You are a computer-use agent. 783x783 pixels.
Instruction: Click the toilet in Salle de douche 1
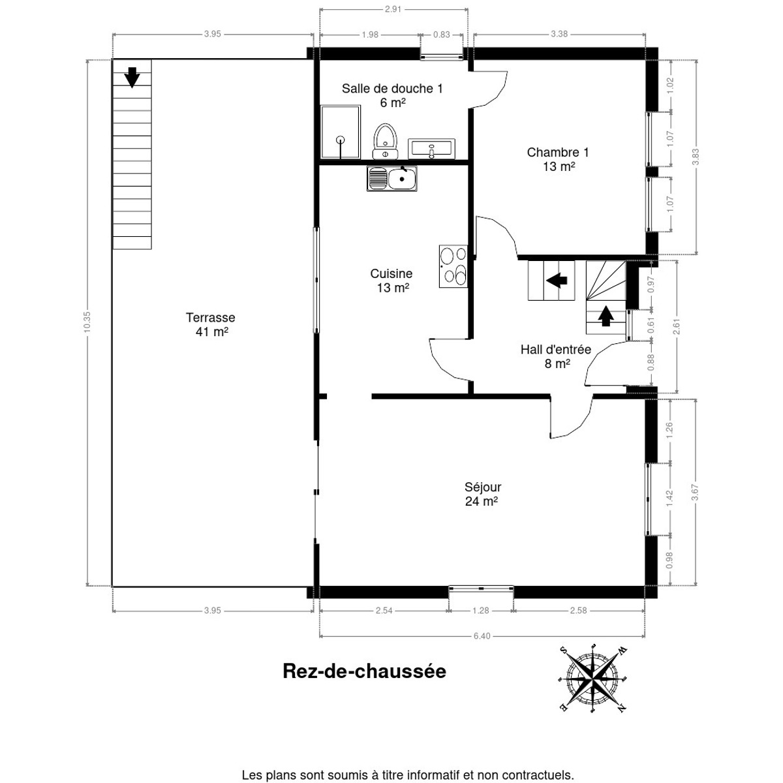click(x=386, y=140)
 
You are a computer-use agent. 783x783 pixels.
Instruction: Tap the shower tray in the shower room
click(x=340, y=132)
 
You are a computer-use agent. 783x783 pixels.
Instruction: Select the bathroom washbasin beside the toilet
click(x=431, y=148)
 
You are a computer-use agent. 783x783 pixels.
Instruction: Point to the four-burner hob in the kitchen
click(x=453, y=266)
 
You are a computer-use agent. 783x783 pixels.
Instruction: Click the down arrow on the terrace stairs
click(x=132, y=77)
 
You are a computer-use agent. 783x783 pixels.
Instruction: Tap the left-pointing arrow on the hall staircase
click(x=556, y=281)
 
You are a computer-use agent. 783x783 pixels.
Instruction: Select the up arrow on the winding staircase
click(x=606, y=316)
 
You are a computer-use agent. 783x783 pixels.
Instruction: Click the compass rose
click(x=593, y=678)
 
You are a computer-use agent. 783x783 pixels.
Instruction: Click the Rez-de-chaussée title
click(x=364, y=671)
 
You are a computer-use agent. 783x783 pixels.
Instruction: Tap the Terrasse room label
click(x=210, y=324)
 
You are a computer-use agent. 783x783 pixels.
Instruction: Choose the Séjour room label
click(x=482, y=494)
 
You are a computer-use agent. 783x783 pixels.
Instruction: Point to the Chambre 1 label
click(x=558, y=159)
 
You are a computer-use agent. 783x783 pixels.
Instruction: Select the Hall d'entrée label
click(x=556, y=356)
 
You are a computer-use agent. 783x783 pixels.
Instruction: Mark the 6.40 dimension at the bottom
click(x=482, y=636)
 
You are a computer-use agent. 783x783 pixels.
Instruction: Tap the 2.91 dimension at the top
click(x=393, y=9)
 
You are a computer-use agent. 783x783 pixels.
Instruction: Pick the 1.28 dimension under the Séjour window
click(x=481, y=611)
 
